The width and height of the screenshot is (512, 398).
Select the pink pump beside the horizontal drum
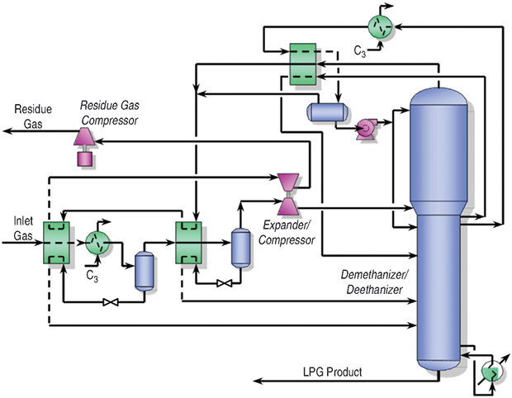pyautogui.click(x=363, y=126)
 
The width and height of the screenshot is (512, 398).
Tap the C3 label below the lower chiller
pyautogui.click(x=93, y=275)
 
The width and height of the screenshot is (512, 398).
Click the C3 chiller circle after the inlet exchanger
pyautogui.click(x=98, y=243)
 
